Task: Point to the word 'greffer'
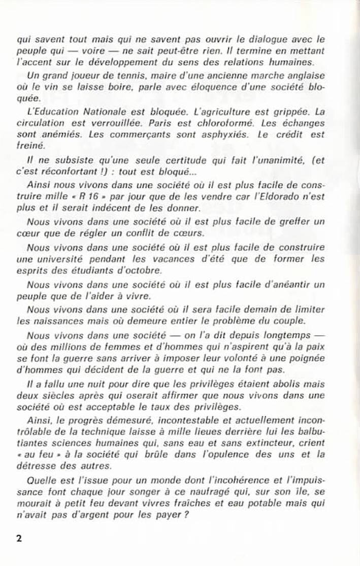pos(289,221)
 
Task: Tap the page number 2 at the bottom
pos(19,539)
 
